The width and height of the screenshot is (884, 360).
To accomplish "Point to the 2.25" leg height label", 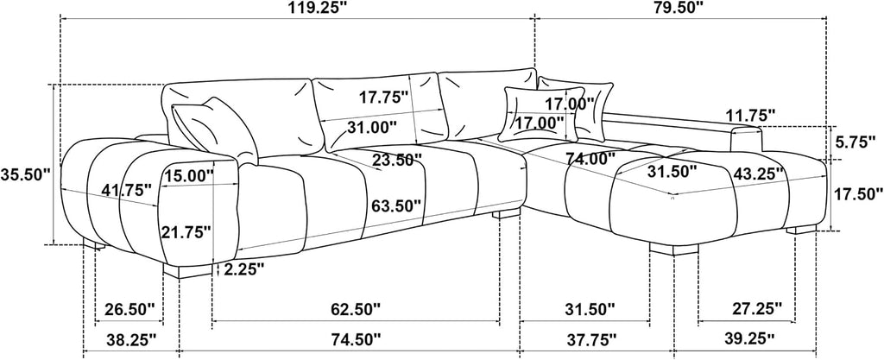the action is click(x=244, y=269).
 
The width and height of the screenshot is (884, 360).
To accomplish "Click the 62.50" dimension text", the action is click(x=355, y=309).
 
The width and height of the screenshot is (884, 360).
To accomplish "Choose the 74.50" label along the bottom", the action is click(x=355, y=339).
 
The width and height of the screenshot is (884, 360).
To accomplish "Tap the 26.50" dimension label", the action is click(x=129, y=309).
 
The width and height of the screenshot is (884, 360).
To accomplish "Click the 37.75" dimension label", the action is click(x=589, y=339).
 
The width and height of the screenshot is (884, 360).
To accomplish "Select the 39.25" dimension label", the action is click(x=749, y=338).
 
